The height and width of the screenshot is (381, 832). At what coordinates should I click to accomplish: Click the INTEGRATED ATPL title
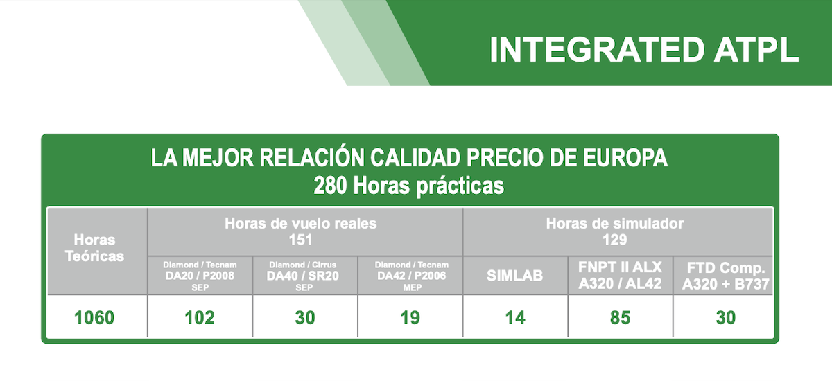click(644, 50)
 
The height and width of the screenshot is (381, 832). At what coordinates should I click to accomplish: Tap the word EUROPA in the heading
click(625, 158)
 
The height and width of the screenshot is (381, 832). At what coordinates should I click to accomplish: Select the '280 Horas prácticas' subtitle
click(409, 186)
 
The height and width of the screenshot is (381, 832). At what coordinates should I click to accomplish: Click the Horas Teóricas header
click(95, 248)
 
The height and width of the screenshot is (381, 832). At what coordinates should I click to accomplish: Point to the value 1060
click(94, 317)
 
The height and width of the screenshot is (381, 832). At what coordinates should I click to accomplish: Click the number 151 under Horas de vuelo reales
click(300, 240)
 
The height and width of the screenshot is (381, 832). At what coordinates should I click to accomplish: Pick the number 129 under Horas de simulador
click(615, 240)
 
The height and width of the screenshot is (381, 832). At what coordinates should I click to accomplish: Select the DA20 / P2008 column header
click(200, 276)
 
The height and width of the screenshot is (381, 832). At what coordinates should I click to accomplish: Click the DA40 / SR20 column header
click(303, 276)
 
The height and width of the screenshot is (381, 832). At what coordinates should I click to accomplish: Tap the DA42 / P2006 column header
click(412, 276)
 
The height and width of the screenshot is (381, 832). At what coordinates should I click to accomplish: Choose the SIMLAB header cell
click(514, 276)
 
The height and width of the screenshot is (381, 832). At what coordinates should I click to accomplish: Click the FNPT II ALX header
click(620, 267)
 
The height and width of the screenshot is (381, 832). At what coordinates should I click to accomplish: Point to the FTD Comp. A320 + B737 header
click(726, 276)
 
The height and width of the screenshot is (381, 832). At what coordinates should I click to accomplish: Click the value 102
click(200, 317)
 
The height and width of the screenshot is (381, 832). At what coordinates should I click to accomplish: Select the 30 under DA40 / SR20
click(305, 317)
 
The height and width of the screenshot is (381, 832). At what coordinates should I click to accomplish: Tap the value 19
click(410, 317)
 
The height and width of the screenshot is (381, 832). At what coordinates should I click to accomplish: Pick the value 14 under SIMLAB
click(515, 317)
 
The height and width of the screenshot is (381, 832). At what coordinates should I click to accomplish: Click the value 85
click(621, 317)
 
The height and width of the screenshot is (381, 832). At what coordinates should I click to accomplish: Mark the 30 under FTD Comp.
click(726, 317)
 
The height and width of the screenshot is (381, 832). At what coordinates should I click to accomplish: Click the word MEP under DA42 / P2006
click(413, 288)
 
